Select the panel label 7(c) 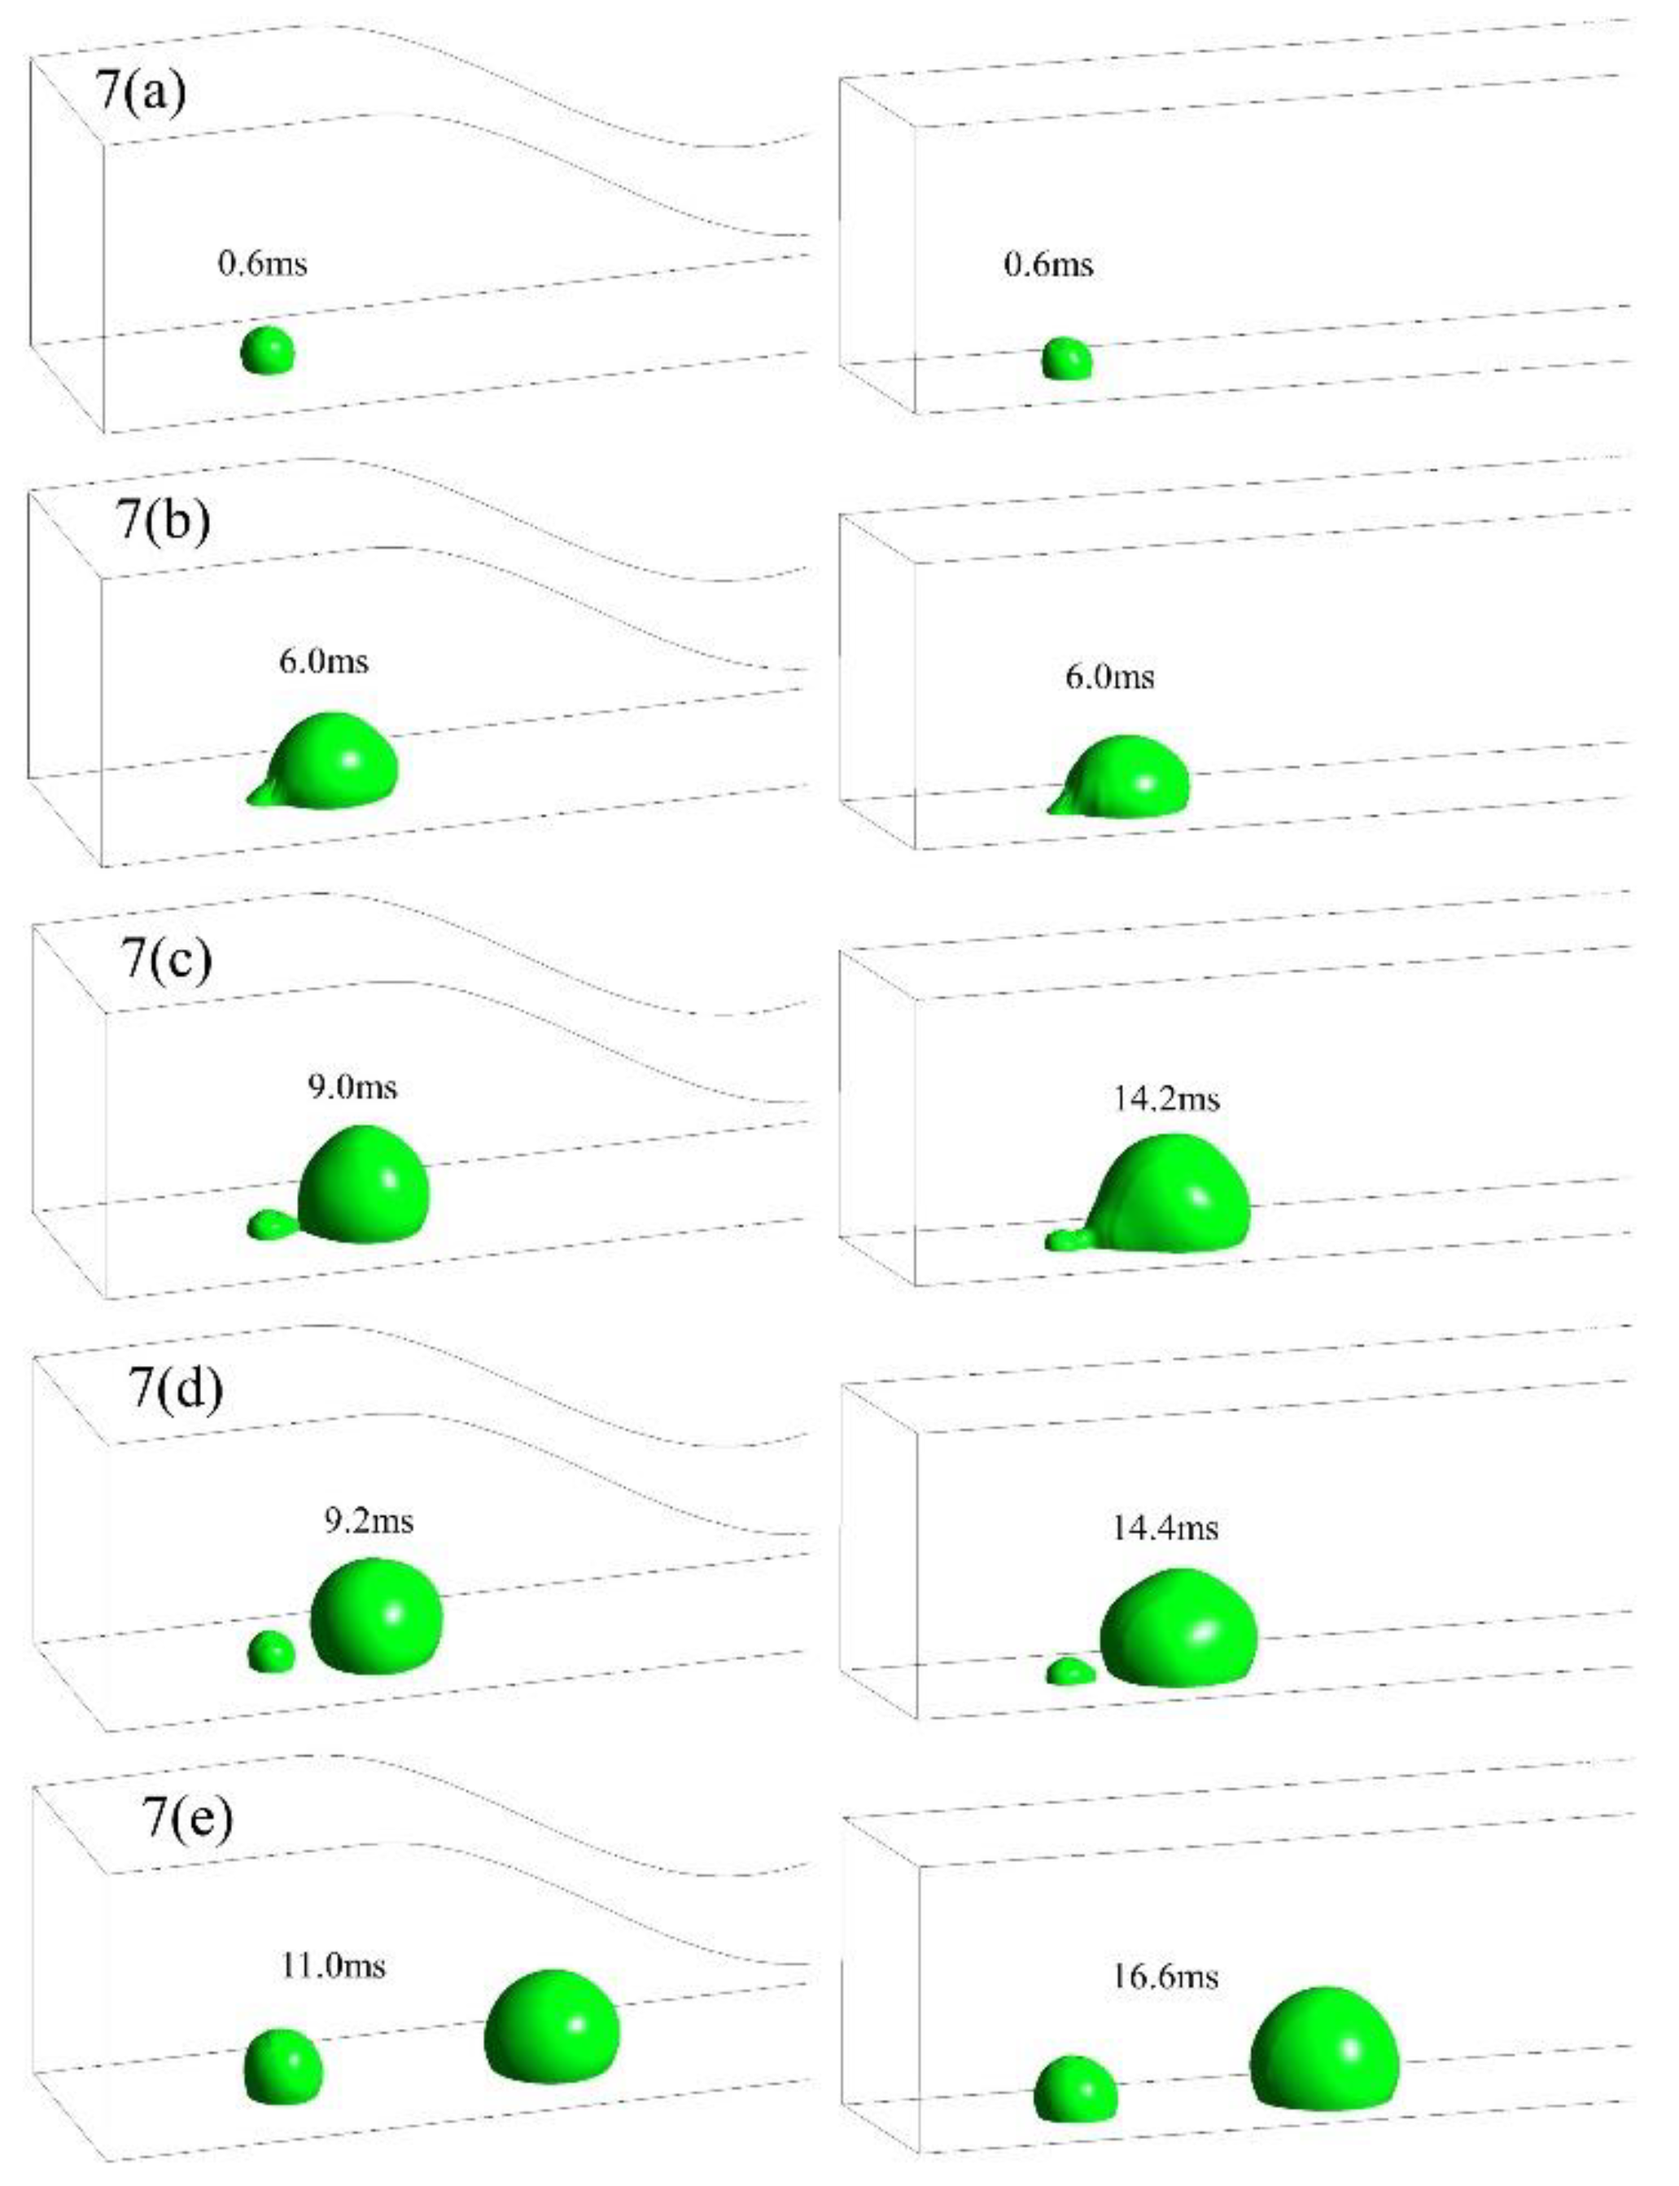click(x=167, y=957)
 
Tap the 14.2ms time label click(x=1166, y=1099)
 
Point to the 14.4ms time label click(x=1165, y=1528)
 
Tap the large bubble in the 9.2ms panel click(x=376, y=1615)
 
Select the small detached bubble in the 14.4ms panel click(x=1070, y=1671)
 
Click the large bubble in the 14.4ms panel click(x=1179, y=1628)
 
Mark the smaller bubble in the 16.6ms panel click(x=1075, y=2089)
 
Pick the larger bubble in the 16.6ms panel click(x=1324, y=2049)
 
